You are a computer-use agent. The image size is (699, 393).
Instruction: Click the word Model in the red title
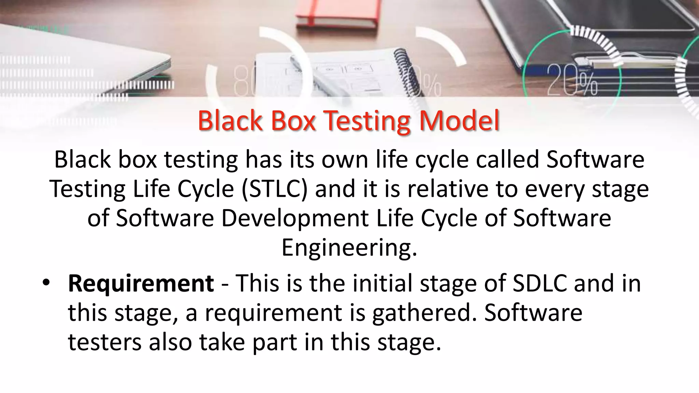click(459, 121)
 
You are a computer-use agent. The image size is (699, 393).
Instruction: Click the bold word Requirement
click(141, 283)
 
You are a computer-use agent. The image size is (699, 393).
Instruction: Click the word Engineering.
click(349, 248)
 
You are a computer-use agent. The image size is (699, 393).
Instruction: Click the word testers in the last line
click(104, 342)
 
